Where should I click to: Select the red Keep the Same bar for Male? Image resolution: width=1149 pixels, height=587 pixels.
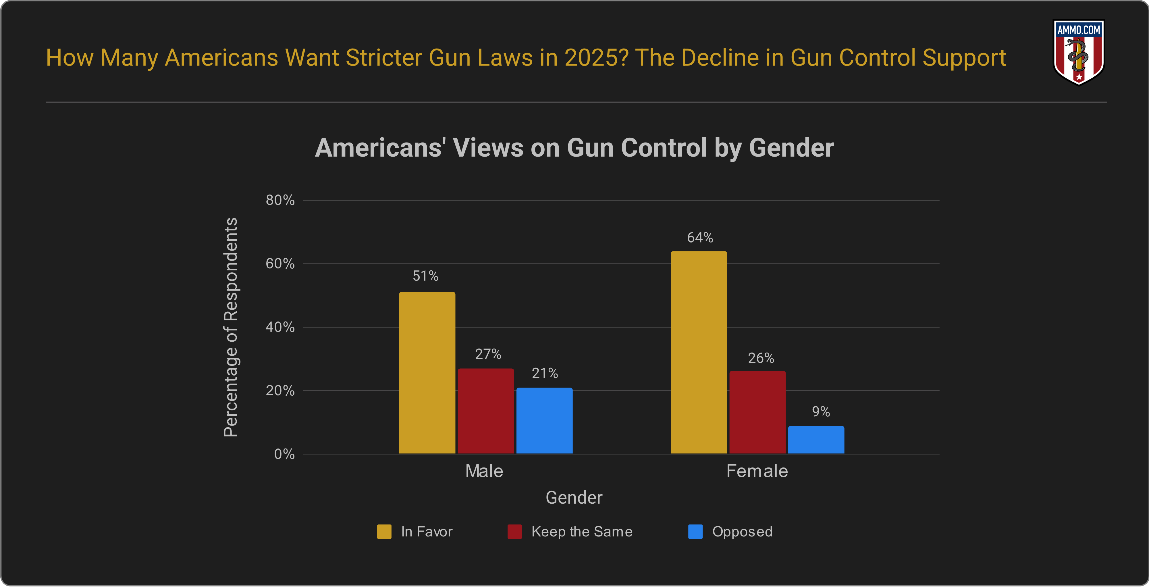(x=486, y=411)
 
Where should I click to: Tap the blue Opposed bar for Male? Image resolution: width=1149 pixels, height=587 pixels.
(x=544, y=421)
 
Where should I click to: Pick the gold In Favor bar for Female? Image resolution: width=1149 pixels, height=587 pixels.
(x=699, y=352)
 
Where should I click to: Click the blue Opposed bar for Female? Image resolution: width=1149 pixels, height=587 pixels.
(x=816, y=440)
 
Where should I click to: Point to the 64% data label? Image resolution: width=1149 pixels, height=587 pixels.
(x=700, y=238)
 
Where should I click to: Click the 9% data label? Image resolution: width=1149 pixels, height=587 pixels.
(x=821, y=411)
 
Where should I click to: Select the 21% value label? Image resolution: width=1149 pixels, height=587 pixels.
(x=545, y=373)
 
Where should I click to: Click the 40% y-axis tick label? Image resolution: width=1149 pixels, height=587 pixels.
(x=280, y=327)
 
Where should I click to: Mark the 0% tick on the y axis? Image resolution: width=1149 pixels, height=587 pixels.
(x=284, y=454)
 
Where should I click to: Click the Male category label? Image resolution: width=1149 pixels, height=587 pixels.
(x=484, y=471)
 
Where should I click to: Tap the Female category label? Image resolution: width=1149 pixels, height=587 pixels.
(x=757, y=471)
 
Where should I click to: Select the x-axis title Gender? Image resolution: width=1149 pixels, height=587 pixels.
(x=574, y=497)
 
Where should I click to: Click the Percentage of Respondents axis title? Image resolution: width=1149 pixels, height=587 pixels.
(x=231, y=327)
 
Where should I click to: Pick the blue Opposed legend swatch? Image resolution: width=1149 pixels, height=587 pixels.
(x=695, y=532)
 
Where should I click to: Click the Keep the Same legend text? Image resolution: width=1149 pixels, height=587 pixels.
(x=582, y=532)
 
